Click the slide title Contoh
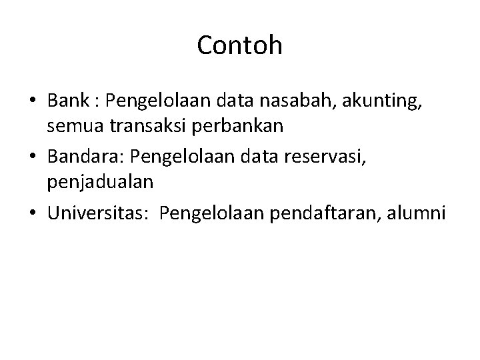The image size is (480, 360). click(x=240, y=45)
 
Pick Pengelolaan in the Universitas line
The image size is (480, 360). click(x=205, y=214)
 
